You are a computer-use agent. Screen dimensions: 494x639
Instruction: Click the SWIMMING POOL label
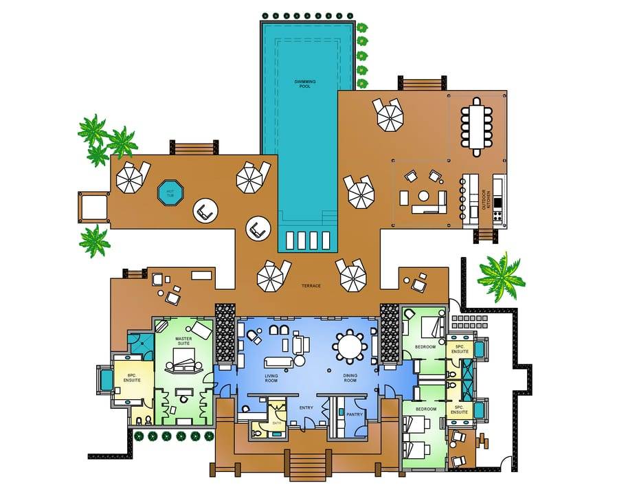tap(304, 84)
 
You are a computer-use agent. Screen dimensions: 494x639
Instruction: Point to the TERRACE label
tap(311, 286)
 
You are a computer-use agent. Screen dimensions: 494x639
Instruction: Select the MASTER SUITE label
tap(183, 341)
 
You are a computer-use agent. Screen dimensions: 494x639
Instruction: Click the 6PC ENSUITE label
tap(132, 378)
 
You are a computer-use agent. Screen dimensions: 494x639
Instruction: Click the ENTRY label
tap(306, 407)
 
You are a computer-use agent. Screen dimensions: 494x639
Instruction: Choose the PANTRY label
tap(355, 414)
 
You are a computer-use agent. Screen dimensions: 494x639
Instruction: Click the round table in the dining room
tap(350, 345)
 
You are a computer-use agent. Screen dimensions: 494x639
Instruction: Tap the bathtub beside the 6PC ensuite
tap(106, 379)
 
